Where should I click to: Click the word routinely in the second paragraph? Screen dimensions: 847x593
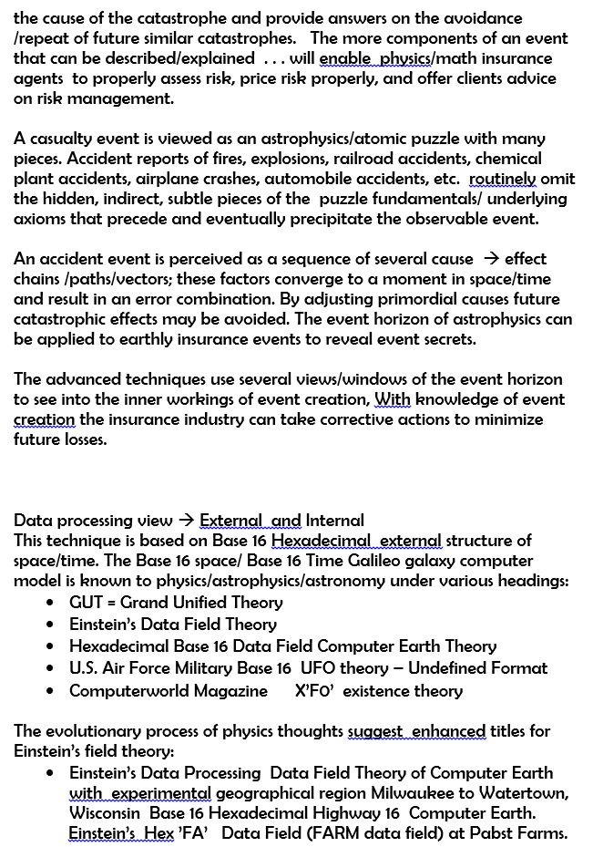click(x=504, y=179)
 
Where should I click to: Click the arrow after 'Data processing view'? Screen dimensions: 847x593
click(x=185, y=522)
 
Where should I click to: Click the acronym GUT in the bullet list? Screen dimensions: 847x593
click(x=87, y=603)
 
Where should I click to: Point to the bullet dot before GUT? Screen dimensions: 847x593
click(x=50, y=604)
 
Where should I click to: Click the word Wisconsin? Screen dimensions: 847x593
click(x=105, y=813)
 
